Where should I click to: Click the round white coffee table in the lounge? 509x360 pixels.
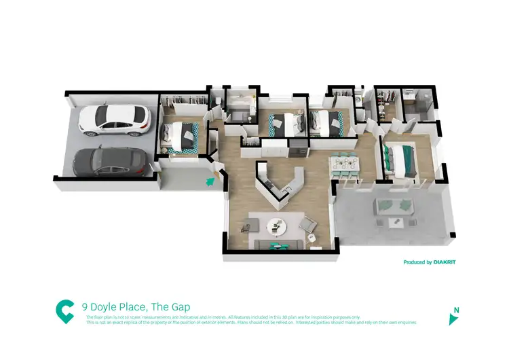click(x=277, y=225)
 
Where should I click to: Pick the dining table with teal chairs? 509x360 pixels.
click(x=345, y=164)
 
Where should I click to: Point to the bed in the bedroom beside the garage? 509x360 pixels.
click(x=181, y=134)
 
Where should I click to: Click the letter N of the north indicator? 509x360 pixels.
click(x=456, y=310)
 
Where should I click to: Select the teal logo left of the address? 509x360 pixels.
click(x=65, y=311)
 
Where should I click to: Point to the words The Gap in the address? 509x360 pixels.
click(x=176, y=307)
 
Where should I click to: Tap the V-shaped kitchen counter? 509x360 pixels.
click(x=278, y=183)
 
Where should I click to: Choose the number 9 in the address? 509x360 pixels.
click(x=84, y=307)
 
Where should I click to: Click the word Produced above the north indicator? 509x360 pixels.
click(x=416, y=262)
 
